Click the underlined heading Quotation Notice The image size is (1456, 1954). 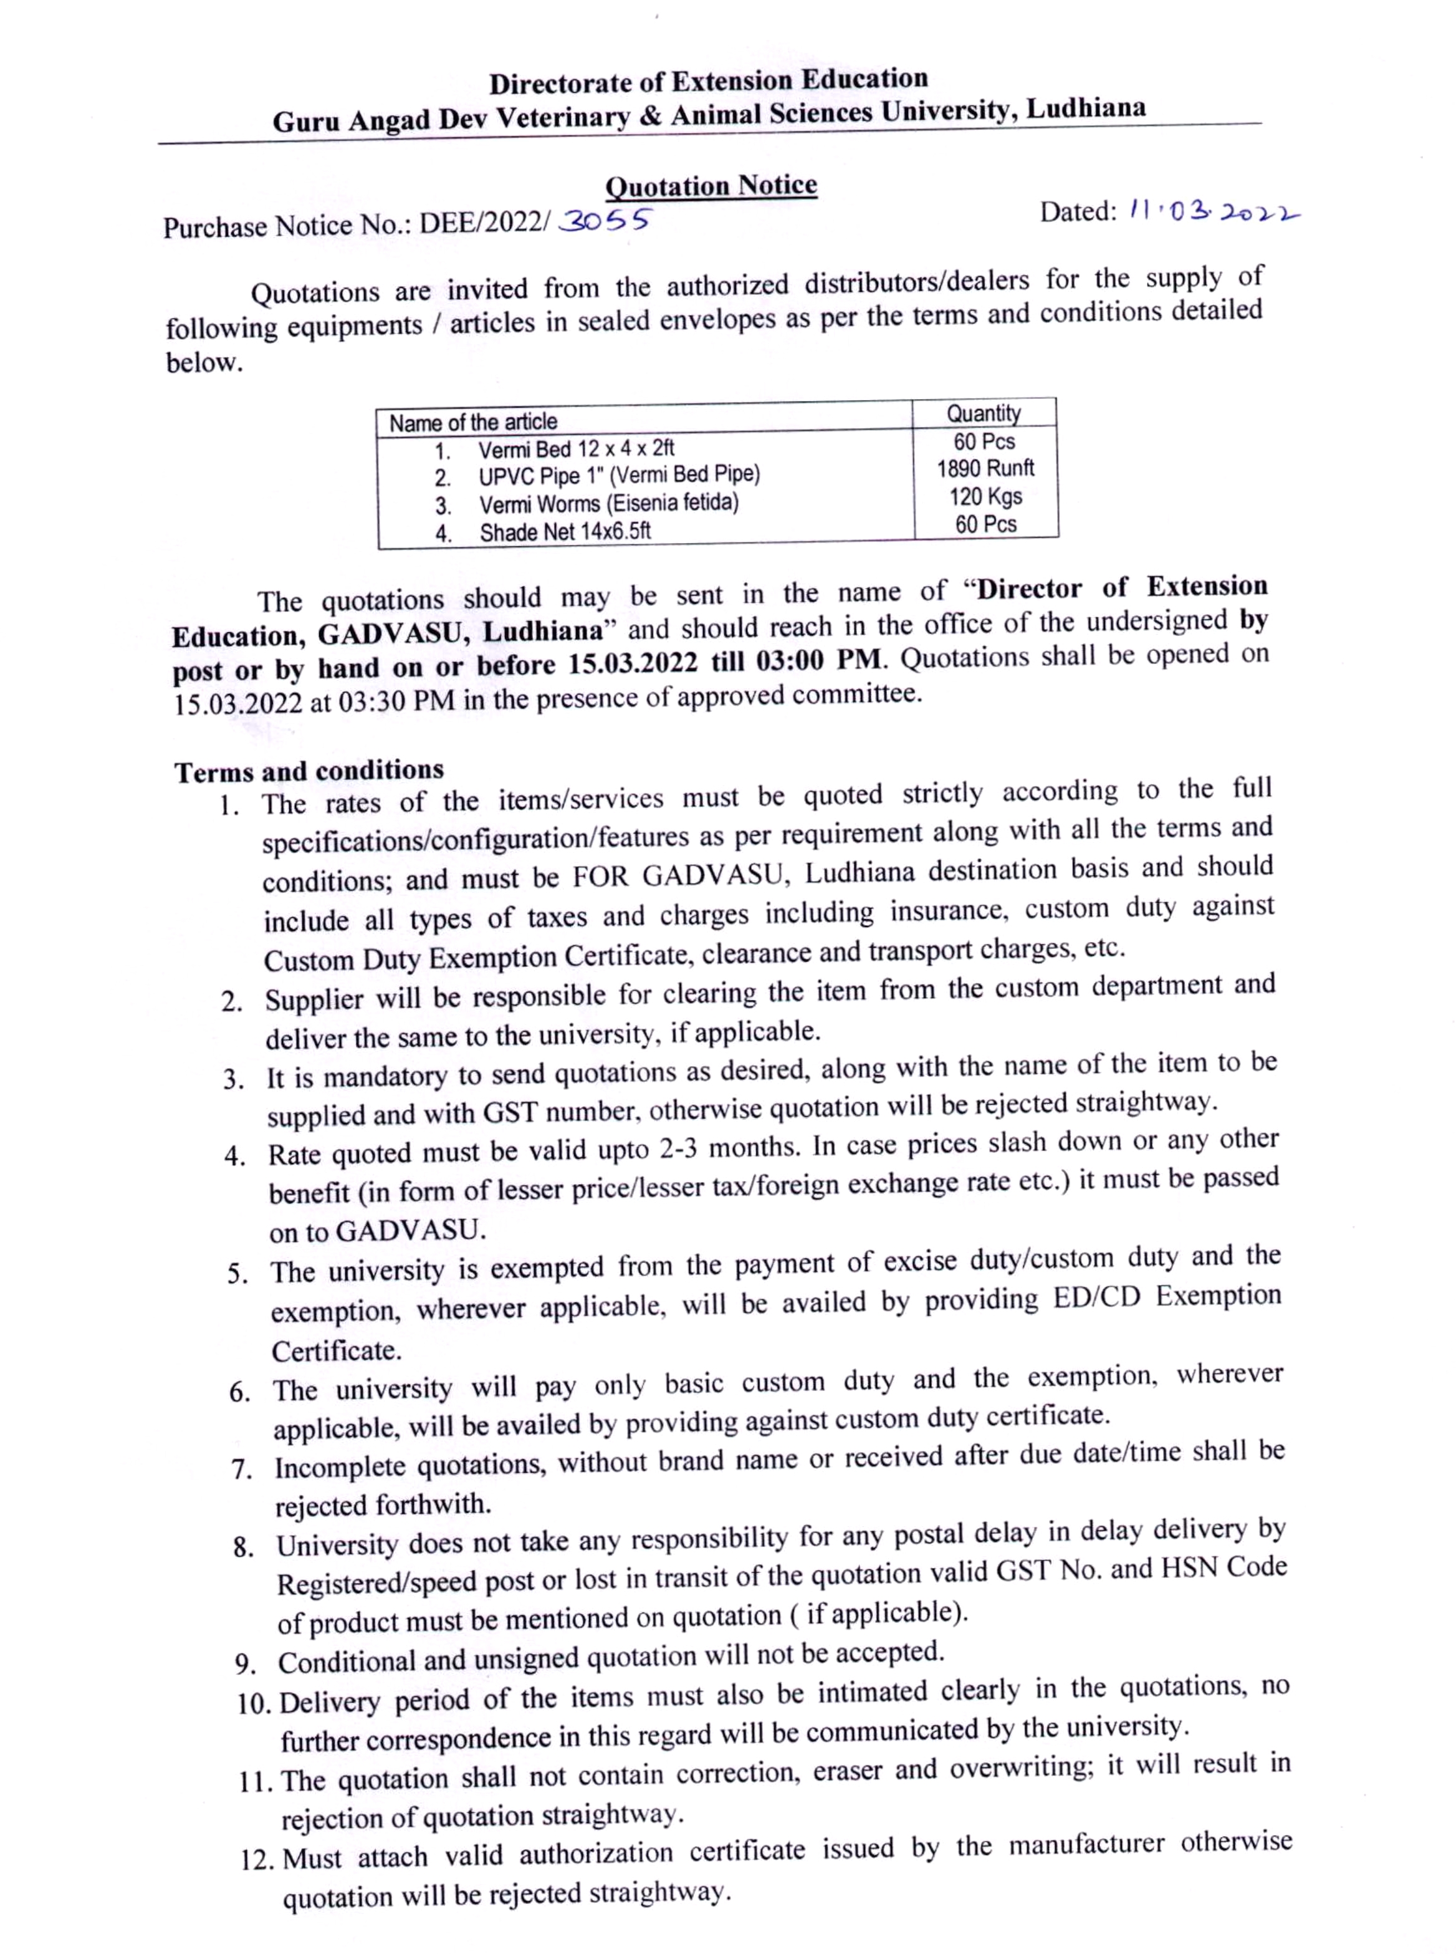tap(711, 186)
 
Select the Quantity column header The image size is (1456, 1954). tap(984, 413)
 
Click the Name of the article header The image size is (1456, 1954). tap(473, 422)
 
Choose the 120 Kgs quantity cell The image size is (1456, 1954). tap(985, 496)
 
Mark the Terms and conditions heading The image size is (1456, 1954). tap(309, 771)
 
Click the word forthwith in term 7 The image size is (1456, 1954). tap(432, 1504)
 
